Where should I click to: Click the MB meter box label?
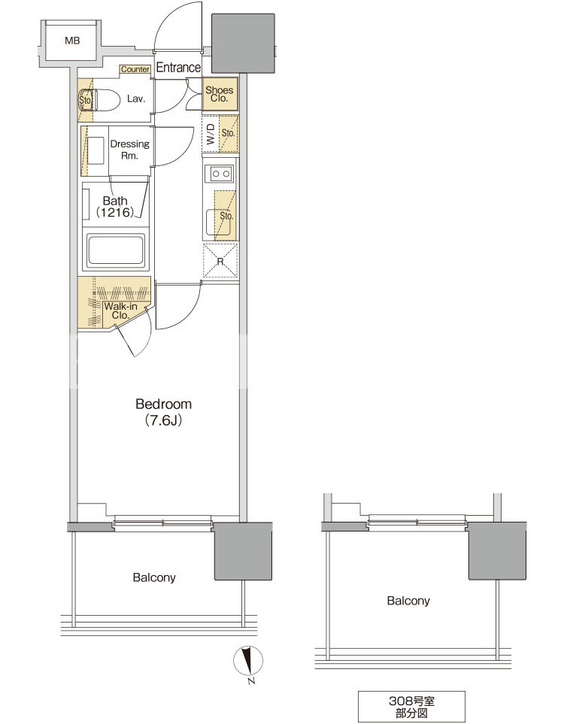tap(72, 41)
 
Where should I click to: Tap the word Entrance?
tap(178, 68)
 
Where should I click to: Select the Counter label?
tap(135, 69)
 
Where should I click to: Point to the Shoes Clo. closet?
tap(220, 94)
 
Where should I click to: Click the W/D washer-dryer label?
tap(211, 134)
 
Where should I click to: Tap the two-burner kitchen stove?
tap(220, 174)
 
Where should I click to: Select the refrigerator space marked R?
tap(220, 261)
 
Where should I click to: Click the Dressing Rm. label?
tap(129, 150)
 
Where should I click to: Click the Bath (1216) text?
tap(115, 207)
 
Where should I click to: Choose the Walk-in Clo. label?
tap(120, 311)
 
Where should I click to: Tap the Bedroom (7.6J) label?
tap(163, 412)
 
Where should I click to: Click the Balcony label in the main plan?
tap(154, 577)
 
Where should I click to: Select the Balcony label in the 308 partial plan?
tap(408, 600)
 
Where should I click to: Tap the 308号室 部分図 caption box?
tap(411, 707)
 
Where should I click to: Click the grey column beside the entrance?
tap(243, 43)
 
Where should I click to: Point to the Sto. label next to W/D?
tap(228, 133)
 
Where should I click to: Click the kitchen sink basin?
tap(218, 222)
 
